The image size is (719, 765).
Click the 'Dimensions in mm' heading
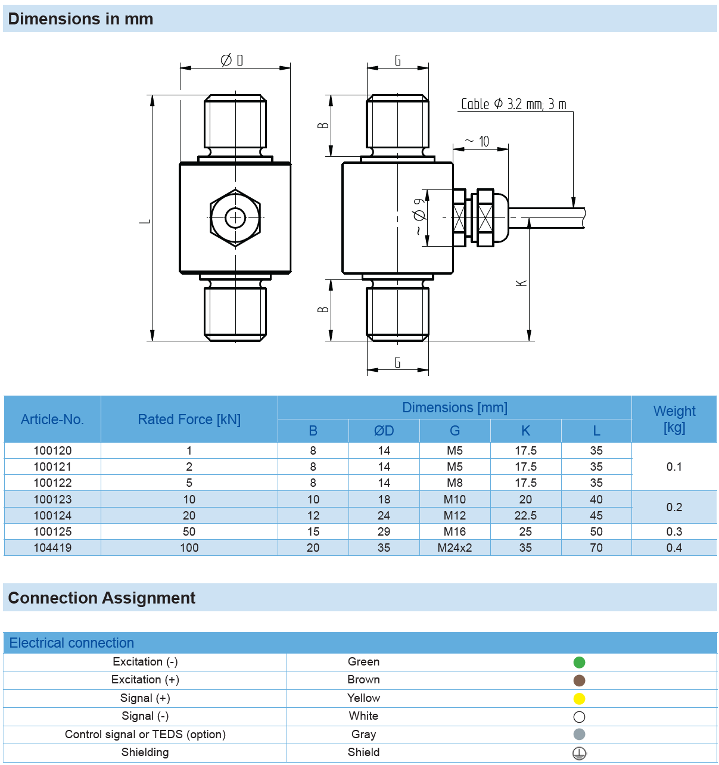pyautogui.click(x=80, y=19)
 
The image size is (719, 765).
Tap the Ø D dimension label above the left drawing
pyautogui.click(x=232, y=60)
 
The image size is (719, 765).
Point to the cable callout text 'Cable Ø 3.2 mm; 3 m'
pyautogui.click(x=513, y=104)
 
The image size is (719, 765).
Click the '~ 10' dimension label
pyautogui.click(x=478, y=141)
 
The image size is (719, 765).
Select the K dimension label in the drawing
pyautogui.click(x=522, y=282)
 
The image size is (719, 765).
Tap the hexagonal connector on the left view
pyautogui.click(x=235, y=217)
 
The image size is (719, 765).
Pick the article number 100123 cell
pyautogui.click(x=52, y=499)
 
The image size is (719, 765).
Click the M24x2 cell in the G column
pyautogui.click(x=455, y=548)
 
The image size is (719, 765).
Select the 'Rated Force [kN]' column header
pyautogui.click(x=189, y=419)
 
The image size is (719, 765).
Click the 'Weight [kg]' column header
pyautogui.click(x=674, y=419)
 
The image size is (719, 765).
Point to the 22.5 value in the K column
pyautogui.click(x=525, y=515)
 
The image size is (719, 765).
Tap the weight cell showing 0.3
pyautogui.click(x=674, y=531)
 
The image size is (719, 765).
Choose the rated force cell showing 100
pyautogui.click(x=189, y=548)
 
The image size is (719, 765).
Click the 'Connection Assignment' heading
pyautogui.click(x=102, y=598)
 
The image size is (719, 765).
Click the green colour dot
pyautogui.click(x=579, y=662)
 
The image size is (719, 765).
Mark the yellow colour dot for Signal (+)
pyautogui.click(x=579, y=698)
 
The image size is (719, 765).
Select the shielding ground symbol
pyautogui.click(x=579, y=753)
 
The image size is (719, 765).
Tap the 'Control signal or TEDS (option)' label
pyautogui.click(x=145, y=734)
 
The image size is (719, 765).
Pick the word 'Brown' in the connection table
pyautogui.click(x=363, y=680)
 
